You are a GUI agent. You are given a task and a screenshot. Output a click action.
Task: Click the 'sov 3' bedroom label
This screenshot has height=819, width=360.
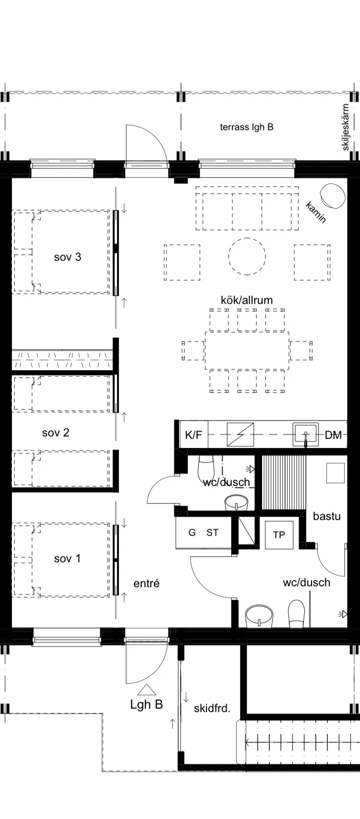click(x=68, y=257)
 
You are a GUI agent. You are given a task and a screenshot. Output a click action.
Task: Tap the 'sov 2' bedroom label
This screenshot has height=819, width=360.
click(x=56, y=433)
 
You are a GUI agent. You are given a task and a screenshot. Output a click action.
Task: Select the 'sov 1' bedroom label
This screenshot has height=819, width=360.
click(x=68, y=558)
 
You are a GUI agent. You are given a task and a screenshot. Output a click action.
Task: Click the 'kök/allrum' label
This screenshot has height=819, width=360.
click(x=247, y=300)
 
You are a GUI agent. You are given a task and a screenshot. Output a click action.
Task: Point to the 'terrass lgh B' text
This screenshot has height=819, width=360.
click(x=247, y=127)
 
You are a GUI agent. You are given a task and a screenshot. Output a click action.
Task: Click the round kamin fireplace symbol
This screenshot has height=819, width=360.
click(x=333, y=196)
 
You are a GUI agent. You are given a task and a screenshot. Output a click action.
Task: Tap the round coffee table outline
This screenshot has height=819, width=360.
click(x=247, y=256)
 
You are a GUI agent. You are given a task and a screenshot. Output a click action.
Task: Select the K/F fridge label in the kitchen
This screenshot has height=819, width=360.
click(x=193, y=435)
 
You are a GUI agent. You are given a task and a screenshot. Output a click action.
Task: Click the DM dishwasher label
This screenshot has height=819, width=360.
click(x=333, y=435)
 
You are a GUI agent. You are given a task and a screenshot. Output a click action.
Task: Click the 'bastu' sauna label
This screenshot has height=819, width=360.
click(x=327, y=516)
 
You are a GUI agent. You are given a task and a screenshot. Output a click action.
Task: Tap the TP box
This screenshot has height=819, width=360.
click(x=279, y=534)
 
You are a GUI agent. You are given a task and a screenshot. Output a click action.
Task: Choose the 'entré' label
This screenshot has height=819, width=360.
click(x=146, y=583)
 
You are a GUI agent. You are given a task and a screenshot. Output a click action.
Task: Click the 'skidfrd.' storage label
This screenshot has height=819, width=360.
click(x=212, y=708)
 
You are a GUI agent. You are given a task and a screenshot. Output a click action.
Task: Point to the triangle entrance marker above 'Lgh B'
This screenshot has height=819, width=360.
click(x=146, y=690)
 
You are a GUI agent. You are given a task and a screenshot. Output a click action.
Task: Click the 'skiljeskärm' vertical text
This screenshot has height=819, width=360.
click(x=346, y=127)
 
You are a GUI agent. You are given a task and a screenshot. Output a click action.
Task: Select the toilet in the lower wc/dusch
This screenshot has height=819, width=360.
click(x=296, y=614)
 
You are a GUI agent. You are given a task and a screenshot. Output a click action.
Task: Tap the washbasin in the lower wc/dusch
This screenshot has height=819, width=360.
click(x=259, y=615)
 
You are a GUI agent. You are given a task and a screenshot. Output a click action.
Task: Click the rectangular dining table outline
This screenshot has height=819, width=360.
click(x=247, y=350)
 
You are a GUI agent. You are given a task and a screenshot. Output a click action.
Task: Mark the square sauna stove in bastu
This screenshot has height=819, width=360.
click(x=335, y=472)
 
